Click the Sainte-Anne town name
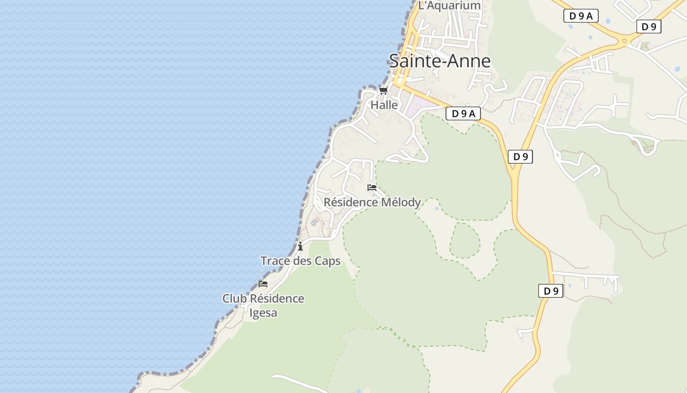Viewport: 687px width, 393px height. (440, 61)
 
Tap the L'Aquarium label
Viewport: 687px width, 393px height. (449, 5)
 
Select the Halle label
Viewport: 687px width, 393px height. (384, 105)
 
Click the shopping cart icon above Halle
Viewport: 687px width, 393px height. (383, 91)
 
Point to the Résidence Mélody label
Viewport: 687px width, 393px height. (372, 202)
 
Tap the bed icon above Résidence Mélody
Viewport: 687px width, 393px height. (372, 188)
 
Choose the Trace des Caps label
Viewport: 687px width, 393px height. (300, 261)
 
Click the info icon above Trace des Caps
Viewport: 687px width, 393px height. (300, 246)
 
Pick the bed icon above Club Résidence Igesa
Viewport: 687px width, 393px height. (263, 284)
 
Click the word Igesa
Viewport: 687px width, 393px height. (264, 313)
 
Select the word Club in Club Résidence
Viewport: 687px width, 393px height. (235, 299)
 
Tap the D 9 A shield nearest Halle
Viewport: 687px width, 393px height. (463, 114)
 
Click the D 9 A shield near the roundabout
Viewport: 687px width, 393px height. (581, 16)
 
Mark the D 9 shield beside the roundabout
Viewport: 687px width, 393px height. (649, 27)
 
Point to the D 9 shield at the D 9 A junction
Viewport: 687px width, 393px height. (520, 157)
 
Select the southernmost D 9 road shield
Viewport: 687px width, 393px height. (551, 291)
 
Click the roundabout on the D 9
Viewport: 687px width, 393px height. (624, 40)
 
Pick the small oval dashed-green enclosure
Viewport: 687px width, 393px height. (465, 240)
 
